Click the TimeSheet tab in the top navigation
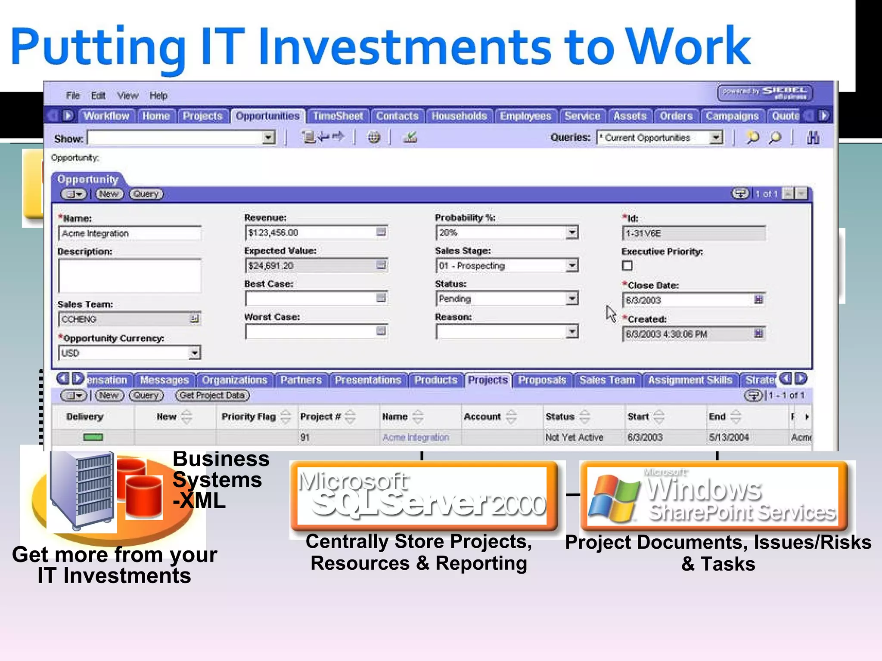pos(338,116)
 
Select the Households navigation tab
pos(459,116)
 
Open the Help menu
pos(158,96)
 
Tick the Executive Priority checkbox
pos(627,266)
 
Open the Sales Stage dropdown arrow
pos(571,266)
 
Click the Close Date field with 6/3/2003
pos(687,300)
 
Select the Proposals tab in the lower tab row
pos(542,380)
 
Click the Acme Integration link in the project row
pos(416,437)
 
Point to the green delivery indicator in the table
pos(93,437)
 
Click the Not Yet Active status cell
pos(574,437)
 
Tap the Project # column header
pos(321,417)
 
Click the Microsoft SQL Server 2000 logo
pos(422,495)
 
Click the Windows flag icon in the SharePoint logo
pos(614,498)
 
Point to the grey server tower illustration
pos(82,490)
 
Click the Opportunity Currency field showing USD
pos(125,353)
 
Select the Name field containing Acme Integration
pos(129,233)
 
